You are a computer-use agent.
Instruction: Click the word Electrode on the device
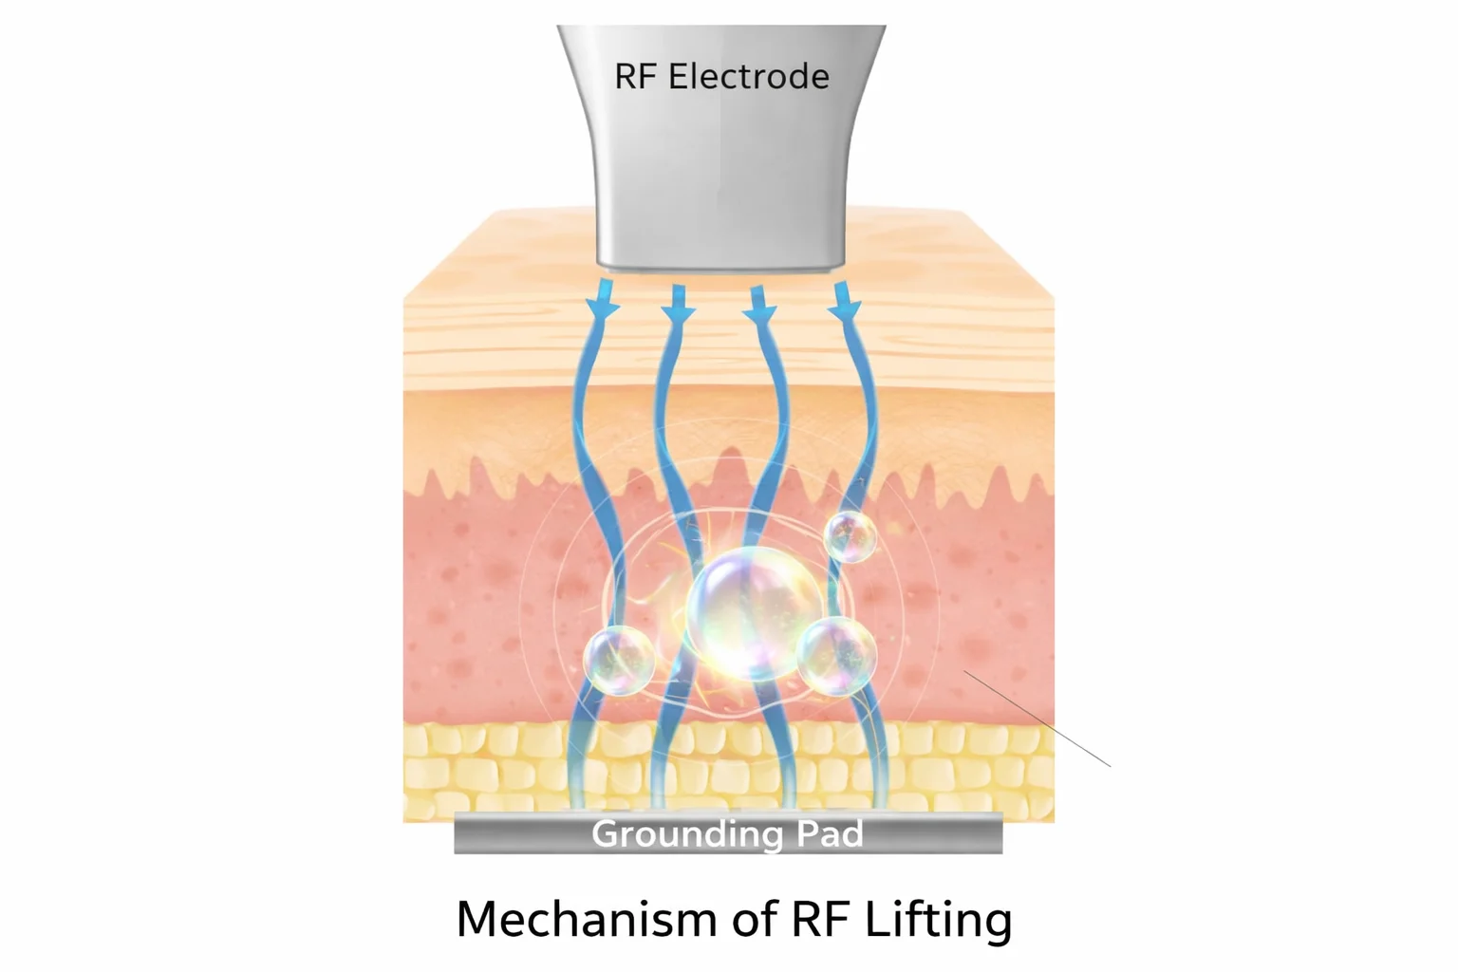pos(748,77)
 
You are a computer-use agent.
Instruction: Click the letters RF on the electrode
pos(635,77)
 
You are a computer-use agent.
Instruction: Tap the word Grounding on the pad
pos(687,833)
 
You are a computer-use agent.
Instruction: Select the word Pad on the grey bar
pos(829,833)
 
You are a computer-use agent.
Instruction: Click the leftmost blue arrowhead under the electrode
pos(602,306)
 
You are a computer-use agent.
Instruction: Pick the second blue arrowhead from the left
pos(679,306)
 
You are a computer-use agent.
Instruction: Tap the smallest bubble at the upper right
pos(850,537)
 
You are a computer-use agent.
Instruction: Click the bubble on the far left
pos(619,660)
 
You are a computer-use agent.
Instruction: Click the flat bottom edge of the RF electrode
pos(720,265)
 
